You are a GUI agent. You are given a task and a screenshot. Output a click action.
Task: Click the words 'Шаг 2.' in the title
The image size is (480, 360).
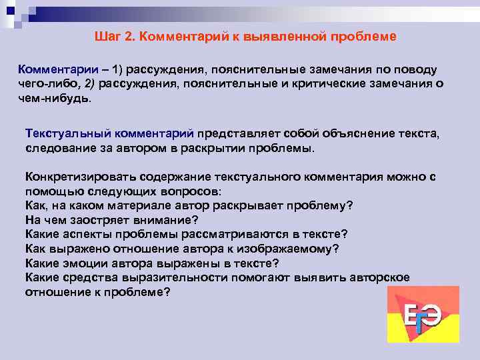tap(113, 37)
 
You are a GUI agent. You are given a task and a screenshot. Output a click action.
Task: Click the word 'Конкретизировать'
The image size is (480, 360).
tap(77, 177)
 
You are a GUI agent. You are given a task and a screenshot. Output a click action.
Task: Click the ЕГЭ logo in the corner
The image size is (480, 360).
tap(423, 315)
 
